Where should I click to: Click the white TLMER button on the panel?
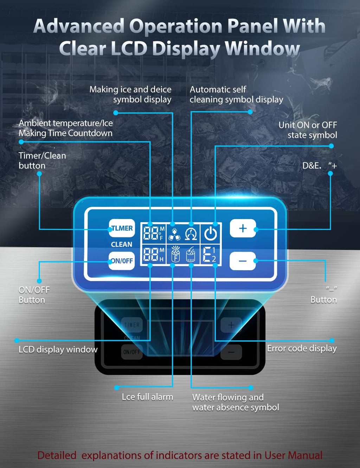click(122, 228)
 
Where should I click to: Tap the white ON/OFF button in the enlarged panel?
click(122, 261)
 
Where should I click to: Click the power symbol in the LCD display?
click(211, 233)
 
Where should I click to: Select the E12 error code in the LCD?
click(210, 255)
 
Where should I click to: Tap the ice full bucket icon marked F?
click(175, 254)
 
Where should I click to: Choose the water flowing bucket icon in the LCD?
click(191, 255)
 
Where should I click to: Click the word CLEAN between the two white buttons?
click(122, 244)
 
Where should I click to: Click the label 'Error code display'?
click(302, 348)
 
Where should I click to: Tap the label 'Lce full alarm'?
click(147, 397)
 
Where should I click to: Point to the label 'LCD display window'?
click(58, 350)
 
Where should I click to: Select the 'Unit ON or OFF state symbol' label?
click(308, 130)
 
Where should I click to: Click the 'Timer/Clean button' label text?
click(42, 160)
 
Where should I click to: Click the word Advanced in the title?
click(79, 26)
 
